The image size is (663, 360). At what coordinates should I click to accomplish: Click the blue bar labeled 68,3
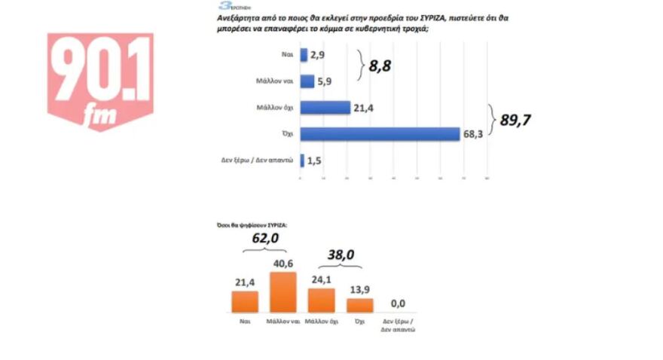[x=380, y=134]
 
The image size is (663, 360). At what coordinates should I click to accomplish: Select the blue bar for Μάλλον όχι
[x=325, y=108]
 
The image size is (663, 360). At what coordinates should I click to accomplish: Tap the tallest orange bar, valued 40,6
[x=283, y=292]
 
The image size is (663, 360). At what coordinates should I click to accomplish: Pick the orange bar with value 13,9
[x=359, y=305]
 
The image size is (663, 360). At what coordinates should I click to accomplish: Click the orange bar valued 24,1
[x=322, y=300]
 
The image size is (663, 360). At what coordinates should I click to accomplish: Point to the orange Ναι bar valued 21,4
[x=244, y=301]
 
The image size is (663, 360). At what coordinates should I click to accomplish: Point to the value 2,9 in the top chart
[x=319, y=56]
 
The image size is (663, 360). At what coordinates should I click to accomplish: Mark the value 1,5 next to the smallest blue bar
[x=315, y=160]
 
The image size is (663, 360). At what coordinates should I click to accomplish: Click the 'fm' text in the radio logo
[x=98, y=114]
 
